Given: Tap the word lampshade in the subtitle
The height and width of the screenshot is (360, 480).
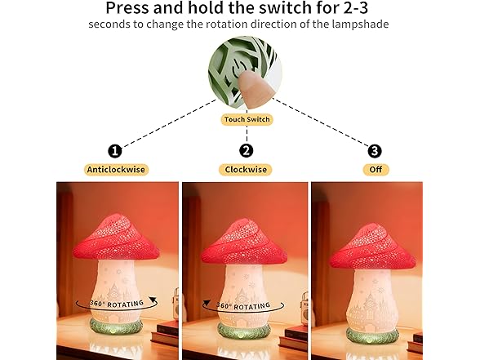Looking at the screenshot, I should [366, 24].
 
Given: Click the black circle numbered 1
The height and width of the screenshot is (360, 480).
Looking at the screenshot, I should [115, 150].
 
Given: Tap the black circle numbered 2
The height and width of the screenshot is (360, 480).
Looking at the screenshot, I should [246, 150].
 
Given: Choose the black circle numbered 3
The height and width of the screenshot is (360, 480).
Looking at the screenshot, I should [375, 150].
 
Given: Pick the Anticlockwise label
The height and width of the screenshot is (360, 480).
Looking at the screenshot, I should [115, 170].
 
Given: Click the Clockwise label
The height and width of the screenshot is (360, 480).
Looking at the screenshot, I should [246, 170].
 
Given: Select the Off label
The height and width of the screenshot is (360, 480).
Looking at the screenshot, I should [375, 170].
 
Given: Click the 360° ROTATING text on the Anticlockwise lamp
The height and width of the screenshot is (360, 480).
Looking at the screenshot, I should [115, 302].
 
